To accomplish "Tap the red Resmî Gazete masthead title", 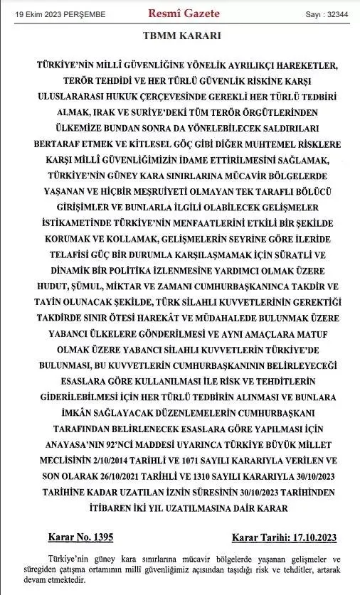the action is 183,14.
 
